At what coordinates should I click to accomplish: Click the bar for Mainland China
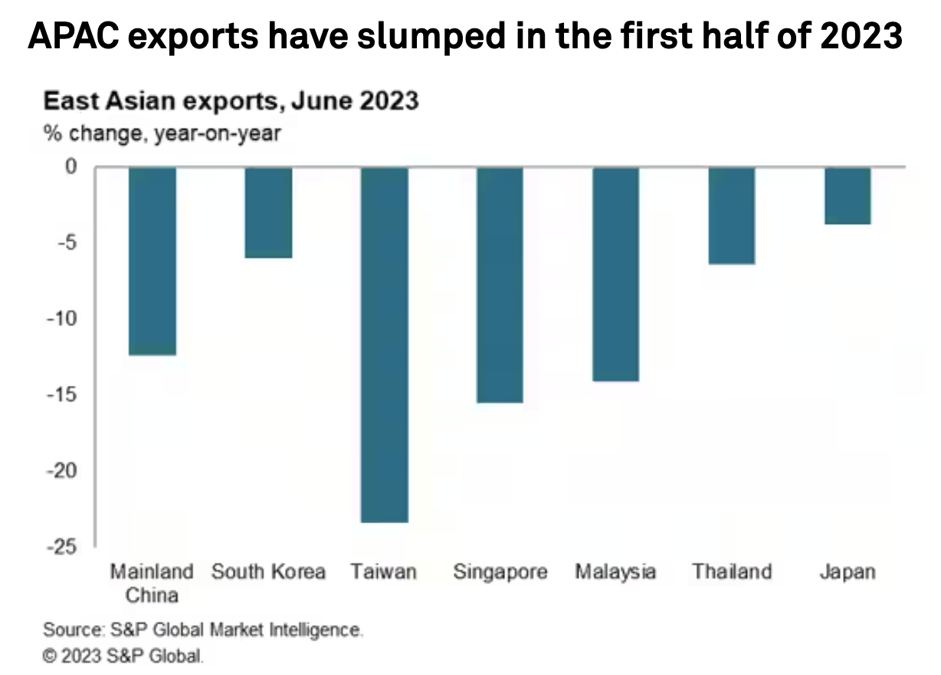click(x=152, y=261)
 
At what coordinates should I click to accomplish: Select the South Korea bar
click(x=268, y=212)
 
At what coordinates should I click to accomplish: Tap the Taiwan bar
click(x=385, y=344)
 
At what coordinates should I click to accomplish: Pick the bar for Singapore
click(x=500, y=285)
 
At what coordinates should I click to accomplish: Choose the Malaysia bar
click(x=615, y=274)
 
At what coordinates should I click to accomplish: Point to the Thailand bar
click(x=731, y=216)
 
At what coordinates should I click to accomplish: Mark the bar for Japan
click(x=847, y=196)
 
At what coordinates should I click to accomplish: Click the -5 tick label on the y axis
click(x=67, y=242)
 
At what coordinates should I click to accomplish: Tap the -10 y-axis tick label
click(x=63, y=318)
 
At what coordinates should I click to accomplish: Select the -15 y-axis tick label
click(x=63, y=394)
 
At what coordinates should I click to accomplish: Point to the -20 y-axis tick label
click(x=63, y=470)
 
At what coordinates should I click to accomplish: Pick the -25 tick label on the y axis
click(x=63, y=546)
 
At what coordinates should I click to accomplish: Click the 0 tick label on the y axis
click(x=70, y=166)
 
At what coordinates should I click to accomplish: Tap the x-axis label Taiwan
click(x=384, y=572)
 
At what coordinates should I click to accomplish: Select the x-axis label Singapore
click(x=500, y=572)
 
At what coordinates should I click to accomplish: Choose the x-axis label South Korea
click(x=268, y=572)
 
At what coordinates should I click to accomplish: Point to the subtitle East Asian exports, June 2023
click(x=231, y=101)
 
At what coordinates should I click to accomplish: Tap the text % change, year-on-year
click(x=162, y=134)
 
